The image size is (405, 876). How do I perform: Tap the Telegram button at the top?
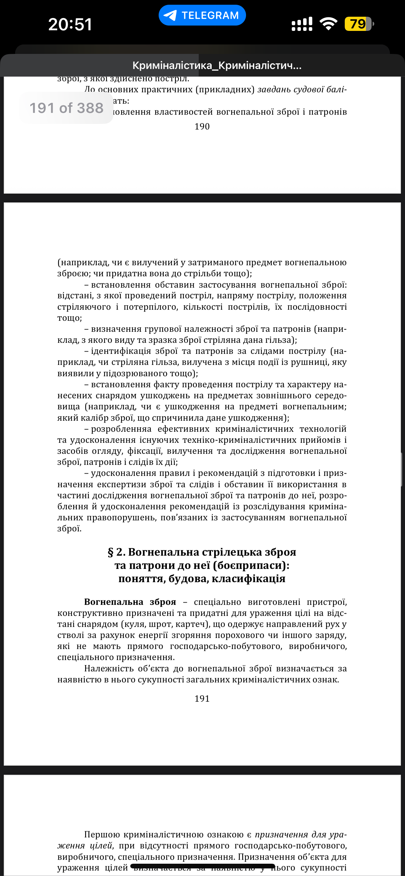pos(202,15)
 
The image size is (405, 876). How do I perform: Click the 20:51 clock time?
pos(70,25)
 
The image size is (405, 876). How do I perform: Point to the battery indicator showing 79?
pos(358,24)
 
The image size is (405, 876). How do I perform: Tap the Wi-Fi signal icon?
pos(328,24)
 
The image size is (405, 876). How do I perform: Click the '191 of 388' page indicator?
pos(66,108)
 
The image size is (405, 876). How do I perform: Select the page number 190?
pos(202,126)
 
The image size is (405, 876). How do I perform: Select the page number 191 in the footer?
pos(202,698)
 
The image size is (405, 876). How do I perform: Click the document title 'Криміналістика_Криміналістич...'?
pos(217,65)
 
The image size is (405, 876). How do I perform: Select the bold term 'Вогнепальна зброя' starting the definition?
pos(130,602)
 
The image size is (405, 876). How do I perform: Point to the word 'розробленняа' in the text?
pos(121,429)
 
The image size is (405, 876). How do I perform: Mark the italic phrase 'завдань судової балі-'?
pos(302,90)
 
